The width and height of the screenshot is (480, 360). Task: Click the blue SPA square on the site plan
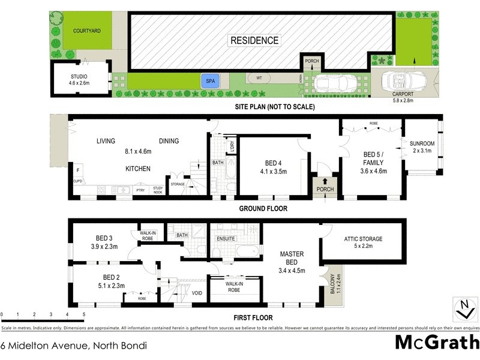[x=209, y=81]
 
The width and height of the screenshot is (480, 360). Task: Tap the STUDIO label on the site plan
[x=79, y=77]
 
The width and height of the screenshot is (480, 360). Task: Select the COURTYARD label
[x=88, y=31]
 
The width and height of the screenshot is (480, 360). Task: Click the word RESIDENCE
[x=254, y=40]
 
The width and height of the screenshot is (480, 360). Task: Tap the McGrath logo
[x=436, y=343]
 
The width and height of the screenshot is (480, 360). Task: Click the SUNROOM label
[x=422, y=144]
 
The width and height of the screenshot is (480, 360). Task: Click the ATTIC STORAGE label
[x=363, y=239]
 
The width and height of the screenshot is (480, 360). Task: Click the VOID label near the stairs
[x=197, y=293]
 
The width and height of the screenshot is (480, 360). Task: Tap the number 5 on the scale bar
[x=83, y=314]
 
